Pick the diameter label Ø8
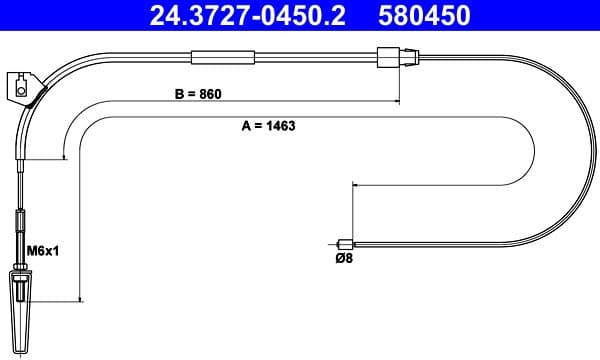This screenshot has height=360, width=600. tap(342, 258)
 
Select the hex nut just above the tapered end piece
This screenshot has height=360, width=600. tap(22, 266)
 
